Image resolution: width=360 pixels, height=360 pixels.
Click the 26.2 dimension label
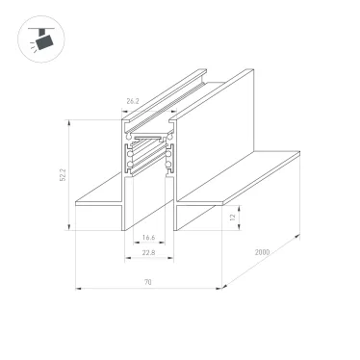(x=131, y=100)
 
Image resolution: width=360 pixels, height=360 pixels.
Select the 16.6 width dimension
(x=148, y=238)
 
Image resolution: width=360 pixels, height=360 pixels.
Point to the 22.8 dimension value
(x=148, y=254)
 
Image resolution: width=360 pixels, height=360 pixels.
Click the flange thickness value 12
(x=233, y=219)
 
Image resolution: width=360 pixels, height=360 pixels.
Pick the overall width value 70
(x=147, y=282)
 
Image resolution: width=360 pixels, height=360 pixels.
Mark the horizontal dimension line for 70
(x=147, y=289)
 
